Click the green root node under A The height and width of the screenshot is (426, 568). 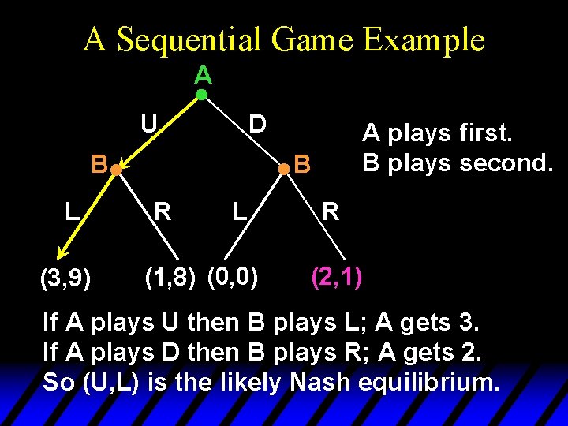tap(201, 95)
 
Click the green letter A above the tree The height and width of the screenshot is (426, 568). tap(203, 76)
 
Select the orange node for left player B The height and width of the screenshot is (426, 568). tap(115, 169)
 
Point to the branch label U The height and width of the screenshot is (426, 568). tap(148, 124)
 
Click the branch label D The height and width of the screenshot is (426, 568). tap(256, 124)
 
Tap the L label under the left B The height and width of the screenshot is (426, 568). tap(72, 211)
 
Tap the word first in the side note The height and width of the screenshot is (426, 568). tap(486, 133)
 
